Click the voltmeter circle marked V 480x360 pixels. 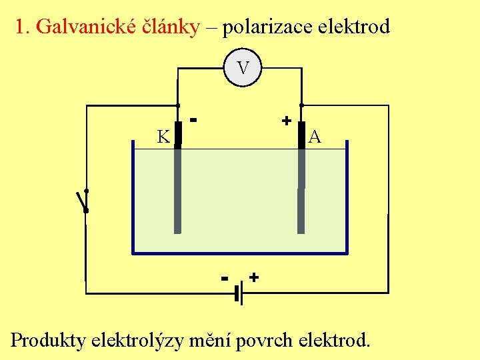coord(243,68)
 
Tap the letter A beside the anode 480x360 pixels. coord(315,137)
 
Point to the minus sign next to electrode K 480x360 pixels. coord(194,120)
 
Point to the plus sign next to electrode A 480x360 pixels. coord(286,121)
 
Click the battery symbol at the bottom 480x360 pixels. coord(238,291)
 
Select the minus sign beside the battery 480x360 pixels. coord(225,277)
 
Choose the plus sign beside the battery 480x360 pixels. coord(254,276)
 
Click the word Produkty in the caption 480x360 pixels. coord(49,341)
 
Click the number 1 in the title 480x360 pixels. coord(21,27)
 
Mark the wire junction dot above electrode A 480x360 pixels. coord(302,105)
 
